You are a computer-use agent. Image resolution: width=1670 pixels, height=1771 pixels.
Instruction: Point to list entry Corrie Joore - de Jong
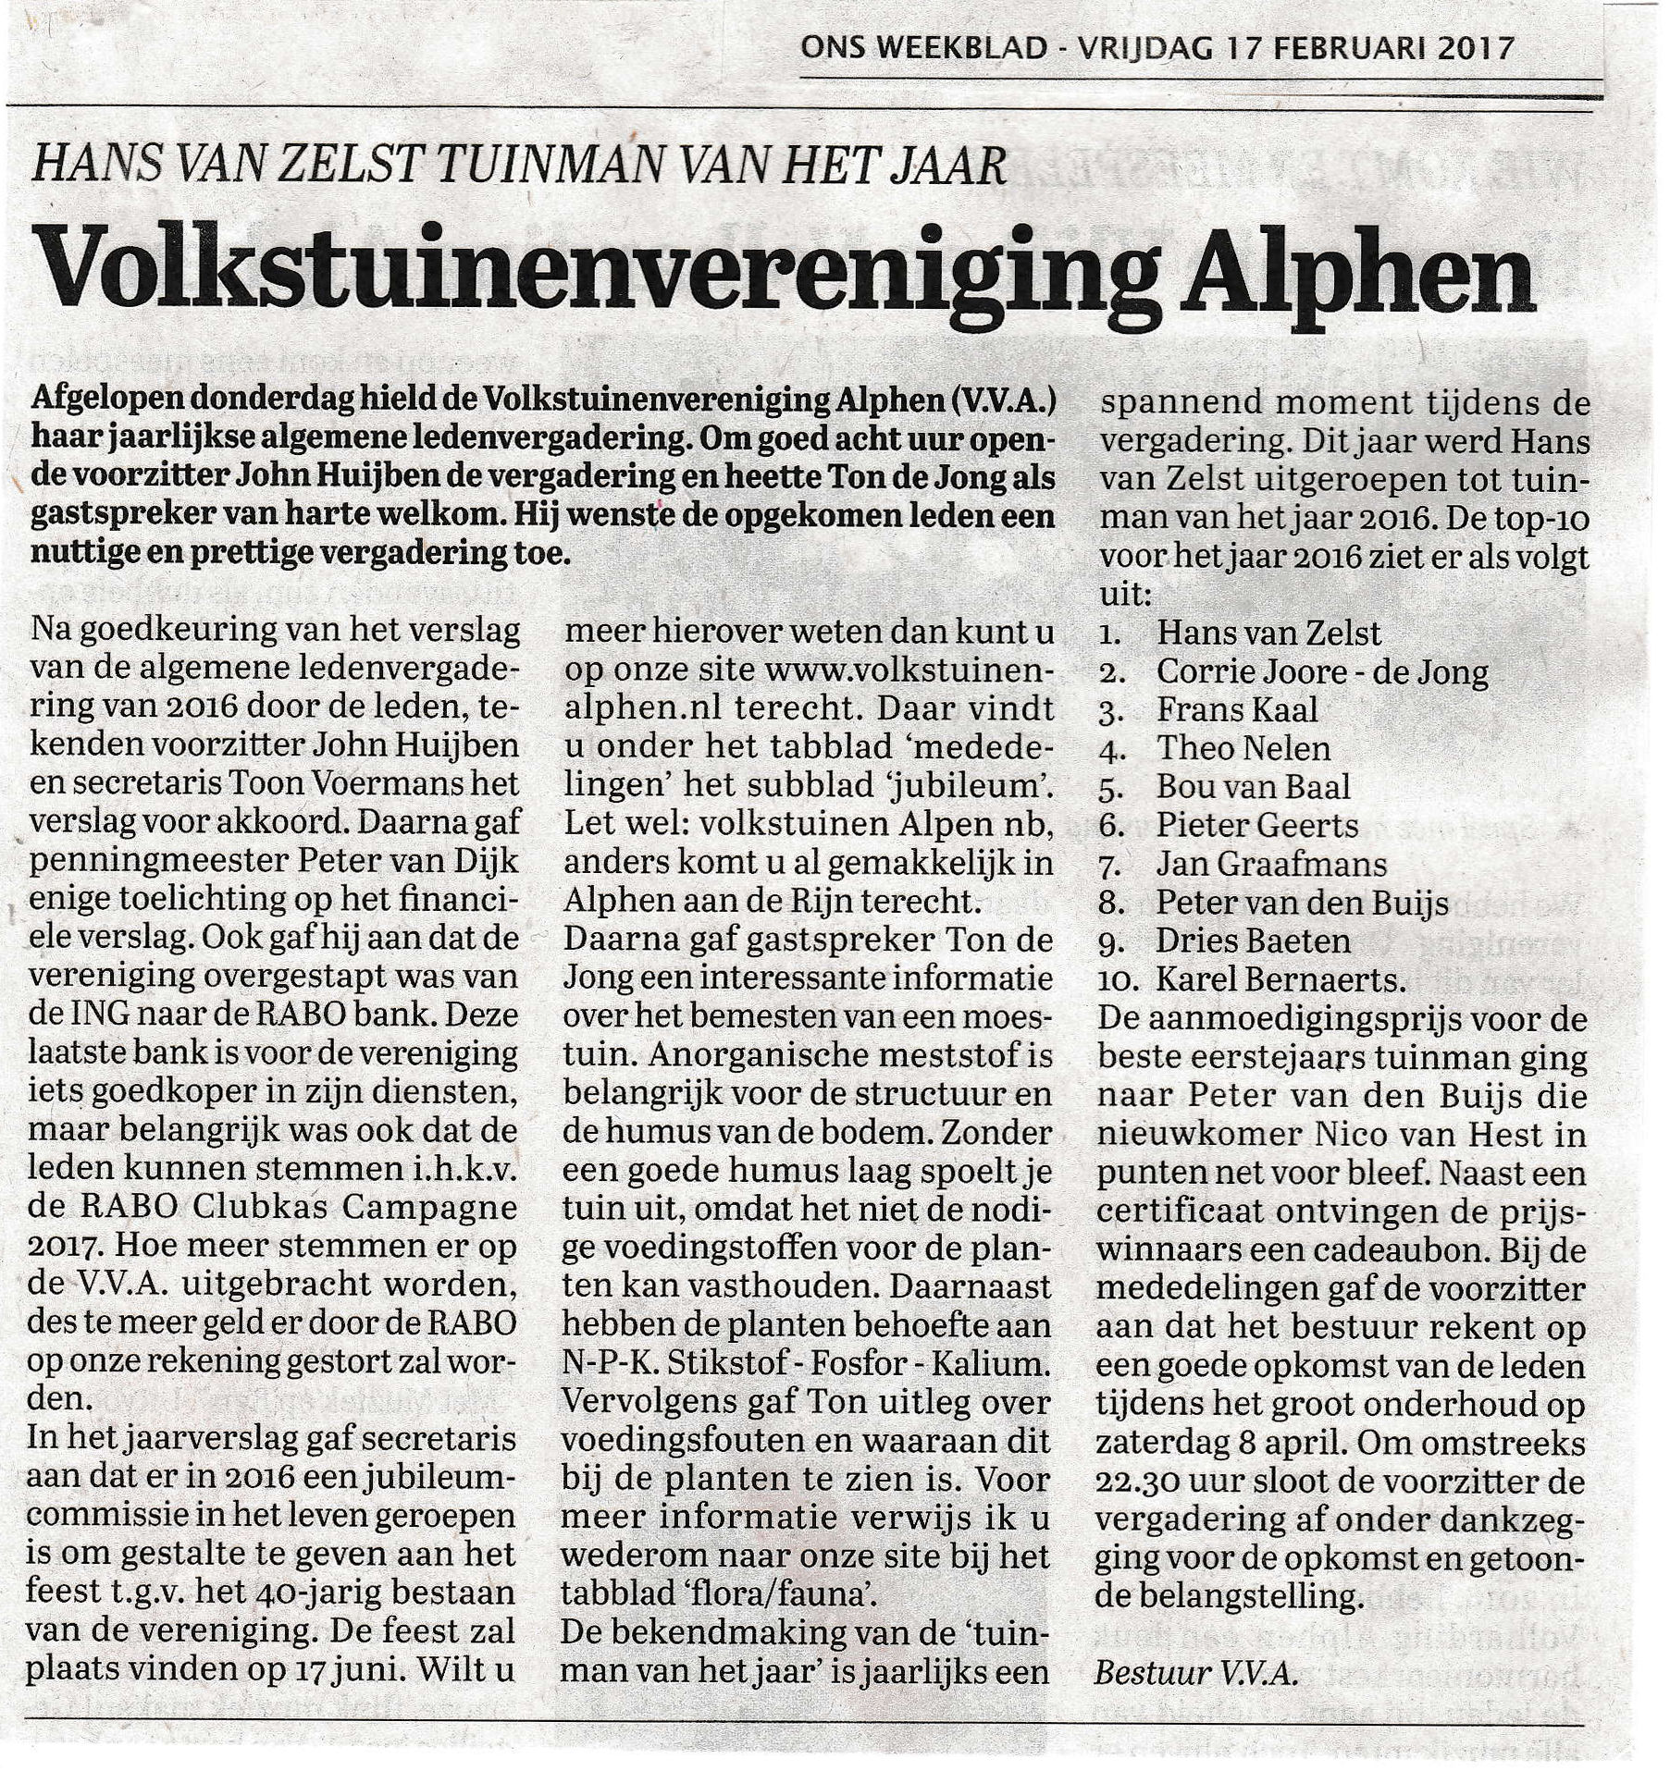[x=1321, y=672]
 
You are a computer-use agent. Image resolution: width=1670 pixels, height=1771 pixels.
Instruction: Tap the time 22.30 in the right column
[x=1136, y=1480]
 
